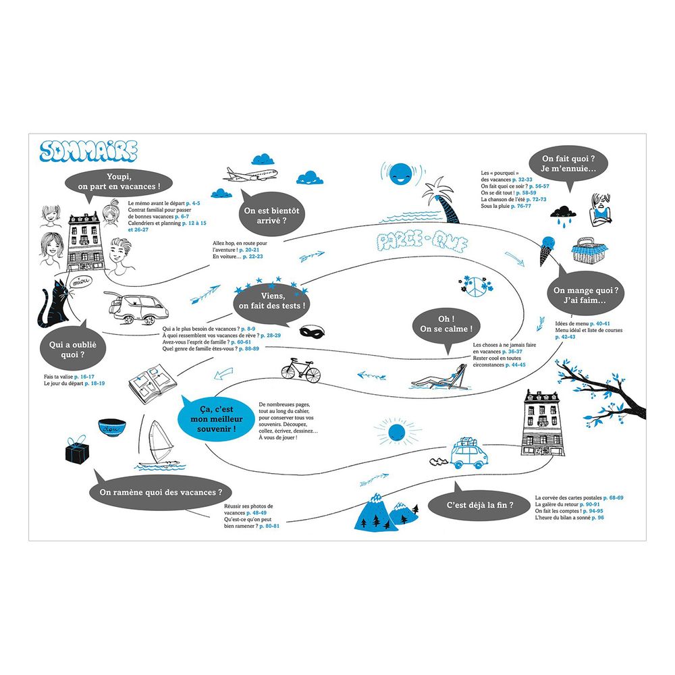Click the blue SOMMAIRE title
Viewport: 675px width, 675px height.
click(88, 152)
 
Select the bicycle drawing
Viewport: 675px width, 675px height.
click(302, 369)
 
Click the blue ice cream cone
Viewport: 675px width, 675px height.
click(547, 249)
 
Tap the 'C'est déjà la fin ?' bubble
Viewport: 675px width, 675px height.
click(480, 504)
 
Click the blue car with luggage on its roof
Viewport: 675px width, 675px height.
click(468, 454)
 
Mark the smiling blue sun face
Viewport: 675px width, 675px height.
click(401, 173)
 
